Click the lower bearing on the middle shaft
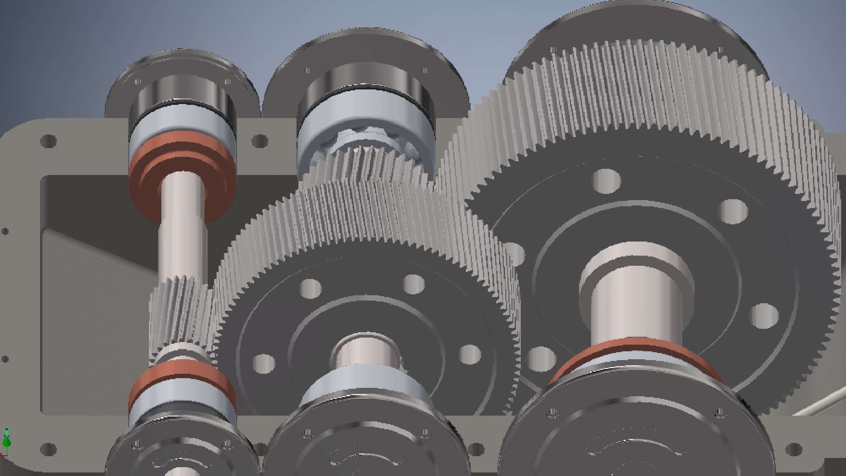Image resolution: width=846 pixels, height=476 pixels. pyautogui.click(x=366, y=388)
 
